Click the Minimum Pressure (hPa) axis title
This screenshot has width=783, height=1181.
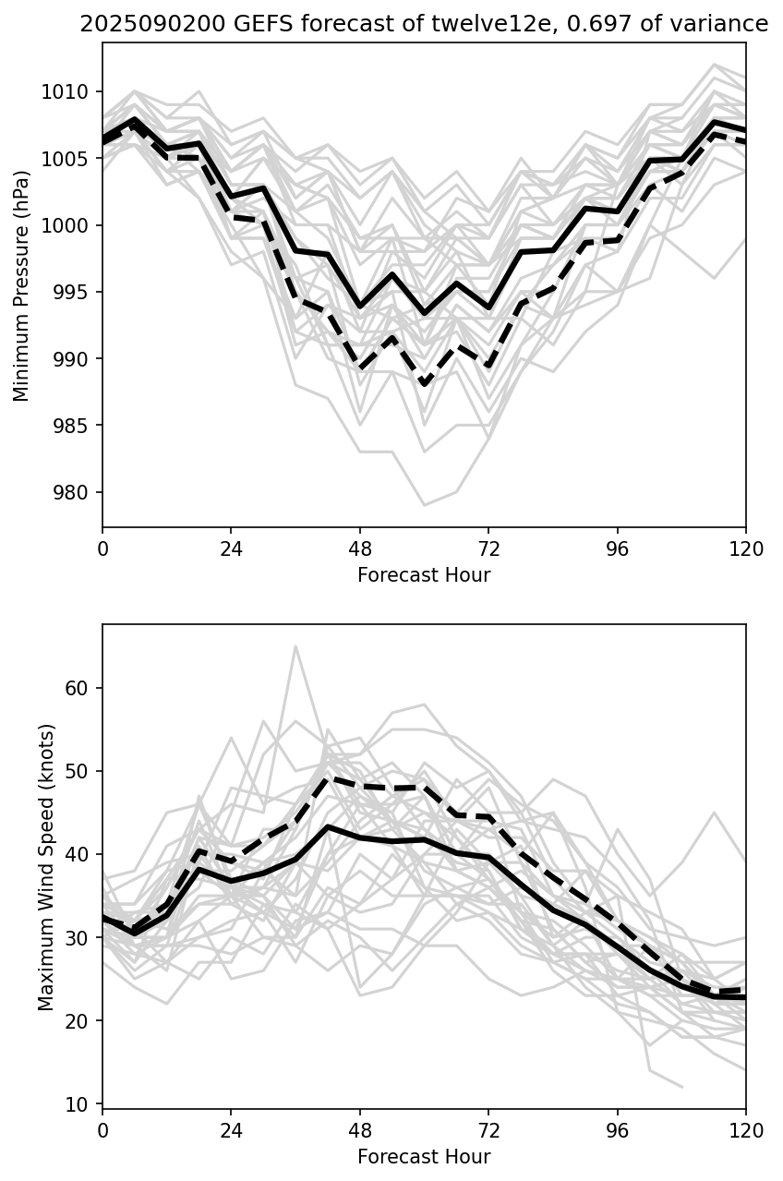click(21, 284)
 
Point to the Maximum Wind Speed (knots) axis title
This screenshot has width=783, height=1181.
click(46, 866)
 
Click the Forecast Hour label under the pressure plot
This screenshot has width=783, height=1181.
click(424, 575)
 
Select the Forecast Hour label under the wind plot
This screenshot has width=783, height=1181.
click(424, 1157)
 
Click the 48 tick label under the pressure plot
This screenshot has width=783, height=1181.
click(360, 549)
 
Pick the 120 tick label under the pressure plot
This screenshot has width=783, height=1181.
click(746, 549)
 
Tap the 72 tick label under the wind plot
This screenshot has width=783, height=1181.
click(488, 1131)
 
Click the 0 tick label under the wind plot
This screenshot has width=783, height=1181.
click(102, 1131)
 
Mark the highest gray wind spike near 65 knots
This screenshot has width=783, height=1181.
click(295, 646)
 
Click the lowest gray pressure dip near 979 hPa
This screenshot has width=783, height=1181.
click(424, 505)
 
